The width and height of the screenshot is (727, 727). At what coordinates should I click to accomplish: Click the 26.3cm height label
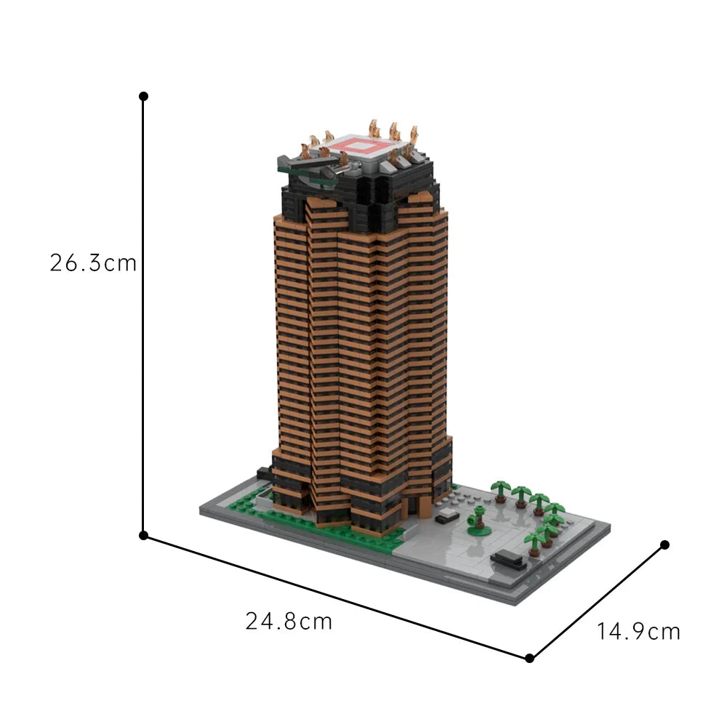(93, 262)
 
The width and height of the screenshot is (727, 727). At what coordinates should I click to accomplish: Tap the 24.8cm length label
(289, 622)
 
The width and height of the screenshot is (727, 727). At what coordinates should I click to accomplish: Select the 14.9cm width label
(639, 631)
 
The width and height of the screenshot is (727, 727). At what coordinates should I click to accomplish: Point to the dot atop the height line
(143, 96)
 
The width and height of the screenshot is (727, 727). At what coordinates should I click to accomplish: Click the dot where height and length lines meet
(143, 536)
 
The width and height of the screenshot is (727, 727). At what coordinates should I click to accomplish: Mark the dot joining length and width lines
(529, 658)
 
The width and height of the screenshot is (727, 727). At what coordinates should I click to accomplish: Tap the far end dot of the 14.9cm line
(664, 545)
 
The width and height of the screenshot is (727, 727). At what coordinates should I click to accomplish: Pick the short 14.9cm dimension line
(596, 602)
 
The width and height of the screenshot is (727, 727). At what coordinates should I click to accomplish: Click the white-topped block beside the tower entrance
(448, 514)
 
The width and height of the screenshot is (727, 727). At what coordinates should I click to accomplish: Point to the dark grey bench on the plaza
(508, 558)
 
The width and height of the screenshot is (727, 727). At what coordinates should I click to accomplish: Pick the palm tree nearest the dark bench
(535, 541)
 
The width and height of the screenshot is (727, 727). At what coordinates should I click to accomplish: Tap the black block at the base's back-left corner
(264, 475)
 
